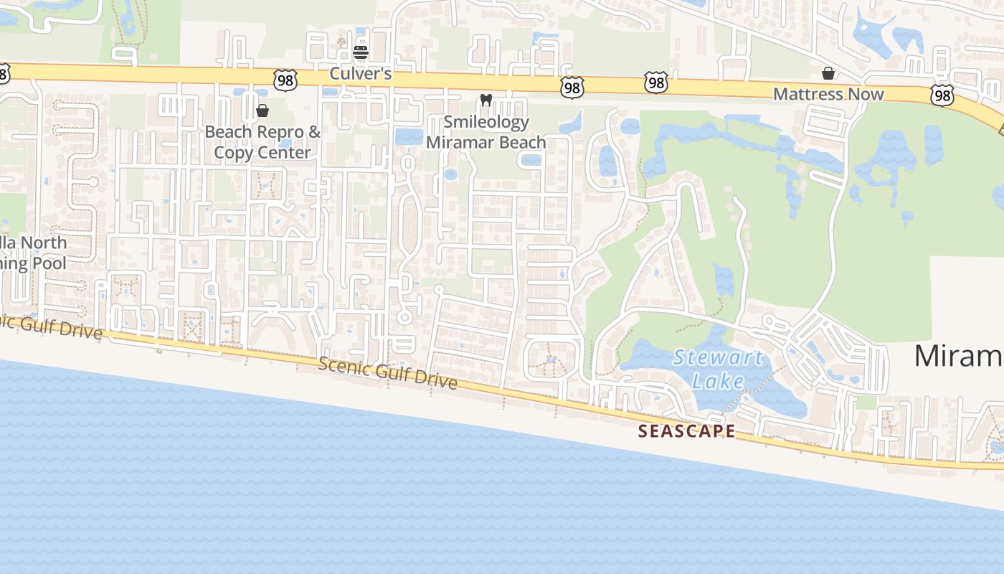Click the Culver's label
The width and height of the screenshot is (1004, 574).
[x=360, y=73]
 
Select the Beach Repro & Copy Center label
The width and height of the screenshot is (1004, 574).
[x=262, y=142]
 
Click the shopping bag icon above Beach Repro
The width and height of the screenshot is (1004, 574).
[x=262, y=110]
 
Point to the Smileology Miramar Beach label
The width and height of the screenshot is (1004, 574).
[x=486, y=132]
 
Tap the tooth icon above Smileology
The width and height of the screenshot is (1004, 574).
[x=486, y=100]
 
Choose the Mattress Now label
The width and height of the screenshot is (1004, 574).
[x=828, y=94]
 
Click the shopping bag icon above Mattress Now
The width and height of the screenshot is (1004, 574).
[x=828, y=73]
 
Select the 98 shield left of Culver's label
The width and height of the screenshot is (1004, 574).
[x=285, y=80]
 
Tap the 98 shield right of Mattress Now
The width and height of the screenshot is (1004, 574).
[x=942, y=95]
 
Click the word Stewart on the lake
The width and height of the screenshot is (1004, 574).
[x=718, y=358]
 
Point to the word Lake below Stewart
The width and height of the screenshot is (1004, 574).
[x=718, y=380]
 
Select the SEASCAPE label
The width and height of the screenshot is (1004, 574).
[x=686, y=431]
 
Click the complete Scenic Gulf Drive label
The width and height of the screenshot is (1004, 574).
[x=387, y=373]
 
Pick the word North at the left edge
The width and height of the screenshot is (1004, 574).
[x=43, y=243]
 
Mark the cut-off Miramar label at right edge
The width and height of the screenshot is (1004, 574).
[x=958, y=356]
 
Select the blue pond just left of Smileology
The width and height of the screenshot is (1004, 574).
[x=409, y=136]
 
